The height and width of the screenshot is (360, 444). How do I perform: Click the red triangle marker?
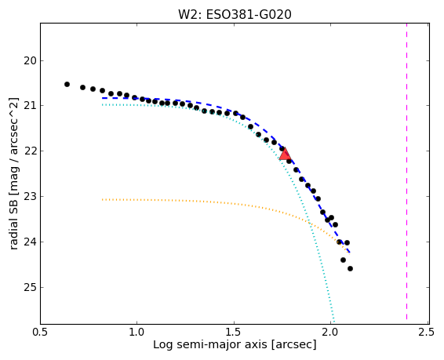coord(285,155)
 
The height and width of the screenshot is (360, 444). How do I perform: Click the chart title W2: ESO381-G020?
coord(235,14)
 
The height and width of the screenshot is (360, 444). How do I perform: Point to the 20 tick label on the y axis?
coord(30,60)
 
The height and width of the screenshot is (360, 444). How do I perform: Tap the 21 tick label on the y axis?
coord(30,106)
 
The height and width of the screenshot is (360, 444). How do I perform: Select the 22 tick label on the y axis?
coord(30,151)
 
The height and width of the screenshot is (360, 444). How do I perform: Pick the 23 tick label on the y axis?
coord(30,196)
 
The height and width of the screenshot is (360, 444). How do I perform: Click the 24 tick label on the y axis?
coord(30,242)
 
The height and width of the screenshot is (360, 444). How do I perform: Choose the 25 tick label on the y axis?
coord(30,287)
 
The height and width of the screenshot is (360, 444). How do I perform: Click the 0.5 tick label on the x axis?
coord(41,332)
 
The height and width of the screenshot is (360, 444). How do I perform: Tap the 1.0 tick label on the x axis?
coord(137,332)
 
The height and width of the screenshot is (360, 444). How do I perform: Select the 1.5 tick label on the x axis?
coord(235,332)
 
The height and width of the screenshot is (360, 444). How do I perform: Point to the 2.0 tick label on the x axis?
coord(331,332)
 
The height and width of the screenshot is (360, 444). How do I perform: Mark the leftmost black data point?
coord(67,85)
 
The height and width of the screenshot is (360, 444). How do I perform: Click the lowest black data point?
coord(350,268)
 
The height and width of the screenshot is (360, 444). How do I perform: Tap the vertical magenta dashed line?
coord(406,171)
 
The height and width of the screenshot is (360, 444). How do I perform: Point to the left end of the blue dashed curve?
coord(103,98)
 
